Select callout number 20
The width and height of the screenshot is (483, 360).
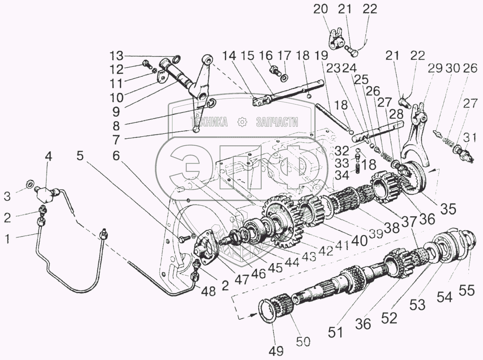tap(320, 9)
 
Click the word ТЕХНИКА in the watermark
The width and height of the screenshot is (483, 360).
tap(209, 122)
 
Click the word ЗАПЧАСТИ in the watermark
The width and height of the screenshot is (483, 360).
tap(277, 122)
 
